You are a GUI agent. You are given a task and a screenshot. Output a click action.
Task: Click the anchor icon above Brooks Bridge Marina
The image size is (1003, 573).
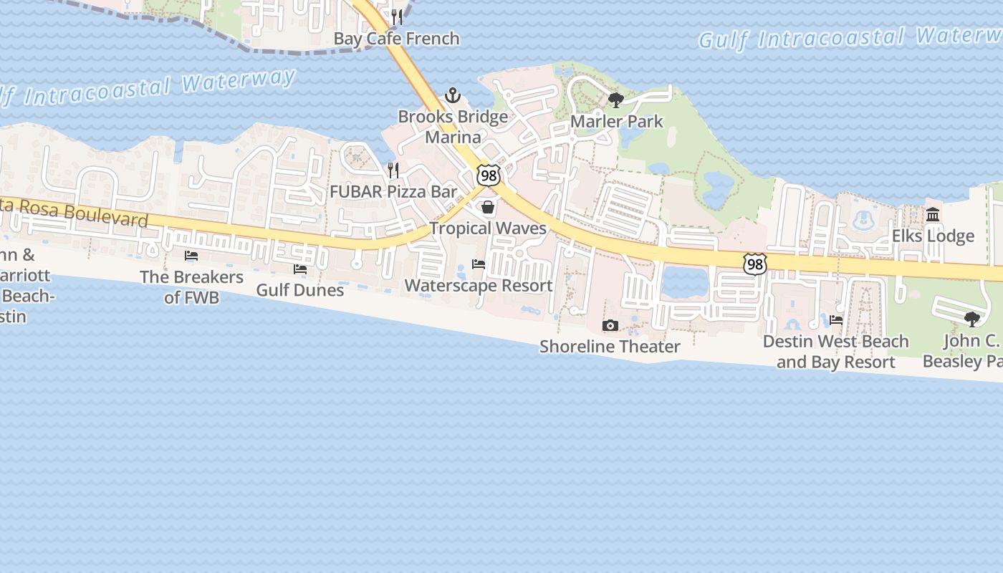(x=453, y=95)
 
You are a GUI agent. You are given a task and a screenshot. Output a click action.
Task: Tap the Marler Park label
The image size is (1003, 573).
(x=617, y=122)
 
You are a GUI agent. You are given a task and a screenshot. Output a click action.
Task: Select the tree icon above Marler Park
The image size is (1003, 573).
(x=615, y=100)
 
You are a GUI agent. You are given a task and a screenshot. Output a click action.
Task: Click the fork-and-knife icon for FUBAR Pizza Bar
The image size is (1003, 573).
(x=393, y=170)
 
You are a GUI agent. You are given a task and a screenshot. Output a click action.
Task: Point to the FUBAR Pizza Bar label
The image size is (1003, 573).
(x=393, y=192)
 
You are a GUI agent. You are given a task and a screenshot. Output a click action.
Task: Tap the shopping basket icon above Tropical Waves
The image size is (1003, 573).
(x=488, y=208)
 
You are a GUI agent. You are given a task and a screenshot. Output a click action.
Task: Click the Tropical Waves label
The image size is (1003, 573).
(x=488, y=228)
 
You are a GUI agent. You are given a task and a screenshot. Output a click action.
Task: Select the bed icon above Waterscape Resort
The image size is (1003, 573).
(x=479, y=264)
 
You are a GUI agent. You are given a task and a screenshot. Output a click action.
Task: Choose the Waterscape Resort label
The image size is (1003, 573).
(x=479, y=286)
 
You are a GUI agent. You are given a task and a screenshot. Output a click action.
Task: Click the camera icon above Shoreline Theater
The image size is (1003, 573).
(x=610, y=326)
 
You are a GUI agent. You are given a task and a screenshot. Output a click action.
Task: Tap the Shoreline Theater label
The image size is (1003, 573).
(x=610, y=347)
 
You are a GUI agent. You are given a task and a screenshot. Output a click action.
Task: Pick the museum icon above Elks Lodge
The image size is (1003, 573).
(x=933, y=214)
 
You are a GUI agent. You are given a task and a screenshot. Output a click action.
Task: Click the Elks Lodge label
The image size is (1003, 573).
(x=933, y=236)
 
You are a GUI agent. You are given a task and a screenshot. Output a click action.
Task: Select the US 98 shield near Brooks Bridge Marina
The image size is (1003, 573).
(x=489, y=175)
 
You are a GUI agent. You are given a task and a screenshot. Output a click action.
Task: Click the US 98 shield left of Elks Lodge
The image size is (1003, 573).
(x=755, y=264)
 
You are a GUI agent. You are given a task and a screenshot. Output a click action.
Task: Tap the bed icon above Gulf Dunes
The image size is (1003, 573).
(x=300, y=269)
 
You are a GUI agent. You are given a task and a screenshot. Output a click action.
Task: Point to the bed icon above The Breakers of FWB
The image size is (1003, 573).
(x=191, y=256)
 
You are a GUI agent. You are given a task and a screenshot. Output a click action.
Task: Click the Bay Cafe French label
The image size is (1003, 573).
(x=396, y=39)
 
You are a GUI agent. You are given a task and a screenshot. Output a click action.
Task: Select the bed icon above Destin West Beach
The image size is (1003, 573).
(x=836, y=320)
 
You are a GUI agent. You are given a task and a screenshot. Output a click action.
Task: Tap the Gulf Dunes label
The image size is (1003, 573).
(x=300, y=290)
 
